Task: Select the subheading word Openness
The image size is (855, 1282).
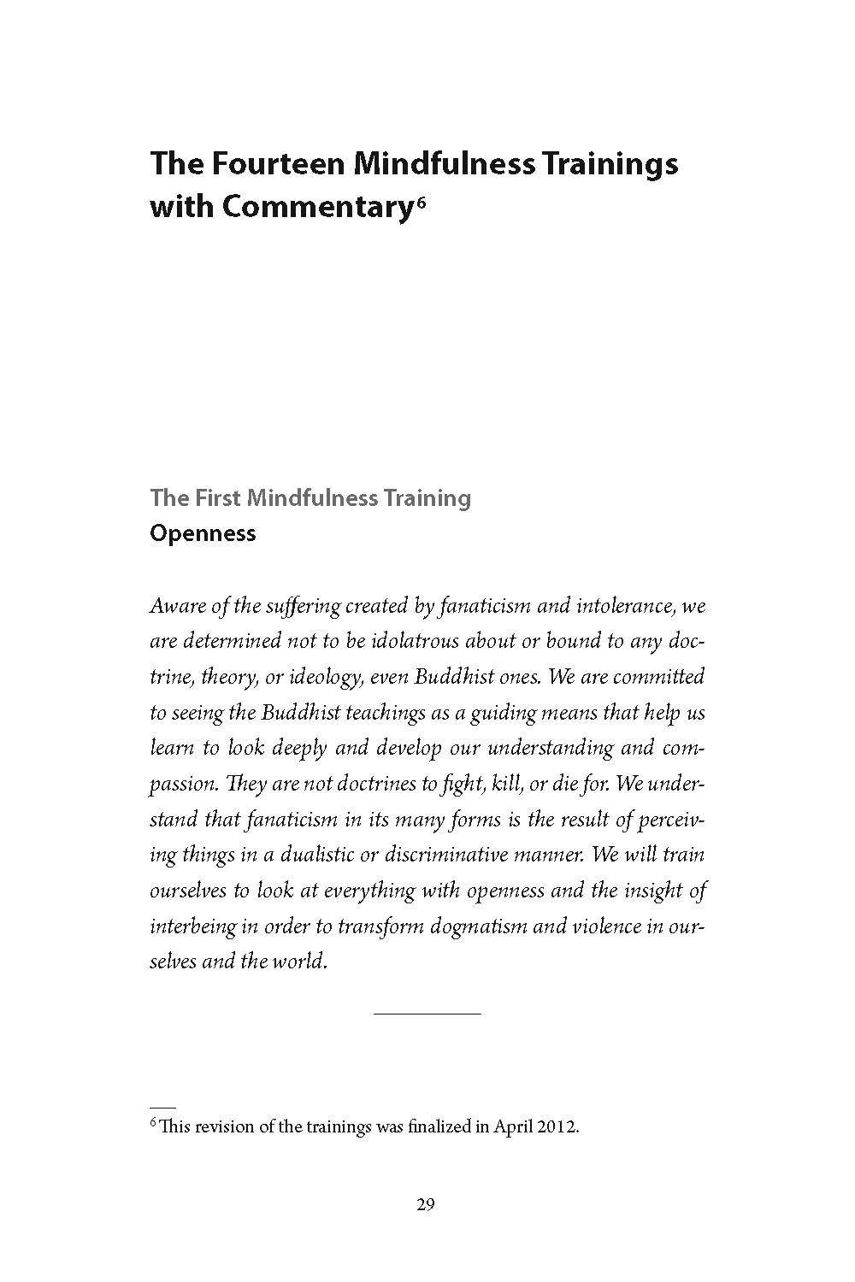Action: [203, 533]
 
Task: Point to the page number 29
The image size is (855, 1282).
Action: [427, 1205]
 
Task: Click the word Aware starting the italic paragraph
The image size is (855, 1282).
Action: [175, 606]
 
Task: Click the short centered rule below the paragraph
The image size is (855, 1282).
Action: [427, 1014]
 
